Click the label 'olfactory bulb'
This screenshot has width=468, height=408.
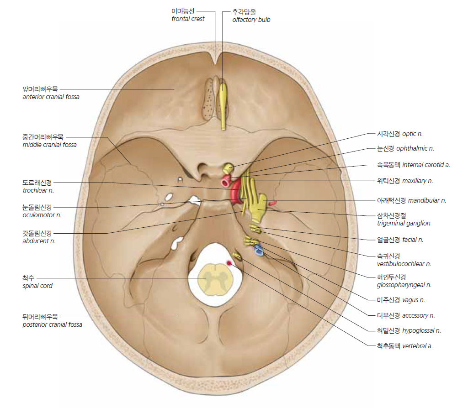251,20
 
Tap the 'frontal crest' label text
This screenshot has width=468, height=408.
188,19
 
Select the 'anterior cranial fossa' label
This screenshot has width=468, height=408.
51,97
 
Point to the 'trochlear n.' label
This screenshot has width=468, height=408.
38,190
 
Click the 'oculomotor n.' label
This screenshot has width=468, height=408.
42,215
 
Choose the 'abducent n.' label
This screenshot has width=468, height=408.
39,241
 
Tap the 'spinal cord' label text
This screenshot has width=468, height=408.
37,286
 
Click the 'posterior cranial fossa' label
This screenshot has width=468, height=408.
52,324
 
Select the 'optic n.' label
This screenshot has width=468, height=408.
412,134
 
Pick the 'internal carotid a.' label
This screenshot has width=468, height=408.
426,165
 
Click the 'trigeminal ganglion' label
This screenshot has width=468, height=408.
404,223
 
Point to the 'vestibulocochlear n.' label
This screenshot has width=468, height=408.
404,264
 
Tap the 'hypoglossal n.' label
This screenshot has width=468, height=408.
421,330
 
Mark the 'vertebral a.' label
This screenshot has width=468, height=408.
417,346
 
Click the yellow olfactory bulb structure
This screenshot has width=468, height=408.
223,106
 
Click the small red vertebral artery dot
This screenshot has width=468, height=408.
229,263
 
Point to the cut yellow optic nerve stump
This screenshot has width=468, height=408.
229,168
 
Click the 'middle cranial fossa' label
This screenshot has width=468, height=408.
49,145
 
